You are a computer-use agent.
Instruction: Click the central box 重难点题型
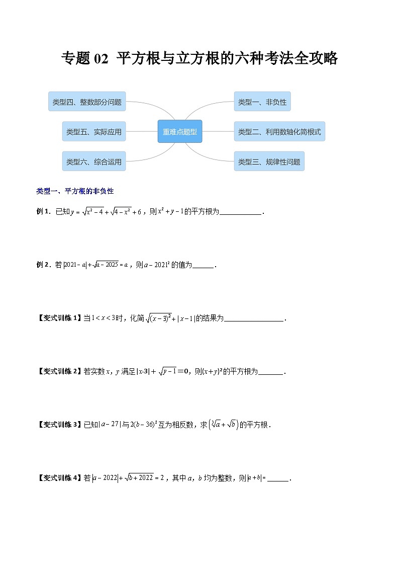[x=180, y=132]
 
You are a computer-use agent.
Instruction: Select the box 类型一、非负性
[x=262, y=102]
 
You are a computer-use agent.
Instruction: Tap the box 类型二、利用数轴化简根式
[x=279, y=132]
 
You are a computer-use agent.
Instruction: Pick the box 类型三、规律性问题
[x=269, y=162]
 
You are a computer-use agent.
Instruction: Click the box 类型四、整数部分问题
[x=87, y=102]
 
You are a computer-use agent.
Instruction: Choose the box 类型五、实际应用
[x=94, y=132]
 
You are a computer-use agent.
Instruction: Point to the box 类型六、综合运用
[x=94, y=162]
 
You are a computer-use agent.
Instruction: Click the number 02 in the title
[x=101, y=59]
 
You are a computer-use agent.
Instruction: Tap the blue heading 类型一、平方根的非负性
[x=75, y=191]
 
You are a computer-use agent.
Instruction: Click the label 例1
[x=44, y=212]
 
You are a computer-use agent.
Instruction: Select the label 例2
[x=44, y=265]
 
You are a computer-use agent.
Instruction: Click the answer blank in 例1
[x=241, y=212]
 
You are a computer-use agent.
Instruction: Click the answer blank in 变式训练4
[x=279, y=478]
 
